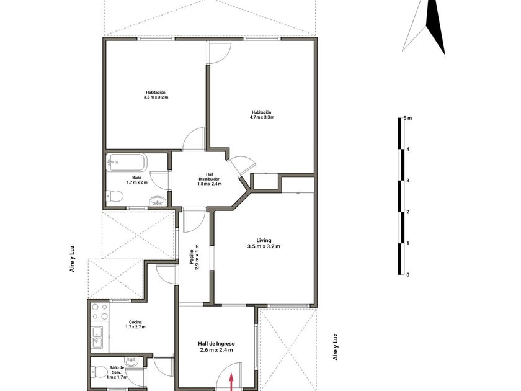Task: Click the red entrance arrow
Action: pos(231,382)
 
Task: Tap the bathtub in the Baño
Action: pos(127,162)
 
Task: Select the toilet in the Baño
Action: pos(114,196)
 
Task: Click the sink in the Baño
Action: pos(158,202)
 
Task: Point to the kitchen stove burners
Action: pos(100,312)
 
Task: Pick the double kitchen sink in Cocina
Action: pos(98,337)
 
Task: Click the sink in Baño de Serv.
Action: pos(131,361)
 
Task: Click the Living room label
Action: pos(264,240)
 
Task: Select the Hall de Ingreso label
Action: pos(216,344)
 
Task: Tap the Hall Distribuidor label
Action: pos(210,176)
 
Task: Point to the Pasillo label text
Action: pos(192,257)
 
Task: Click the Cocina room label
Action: pos(135,322)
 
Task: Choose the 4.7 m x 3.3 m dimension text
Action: pos(262,117)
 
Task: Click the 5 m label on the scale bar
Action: pos(407,118)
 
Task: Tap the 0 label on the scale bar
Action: pos(407,274)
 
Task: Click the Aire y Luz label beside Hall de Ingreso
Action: pos(336,347)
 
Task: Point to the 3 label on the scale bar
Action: pos(407,181)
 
